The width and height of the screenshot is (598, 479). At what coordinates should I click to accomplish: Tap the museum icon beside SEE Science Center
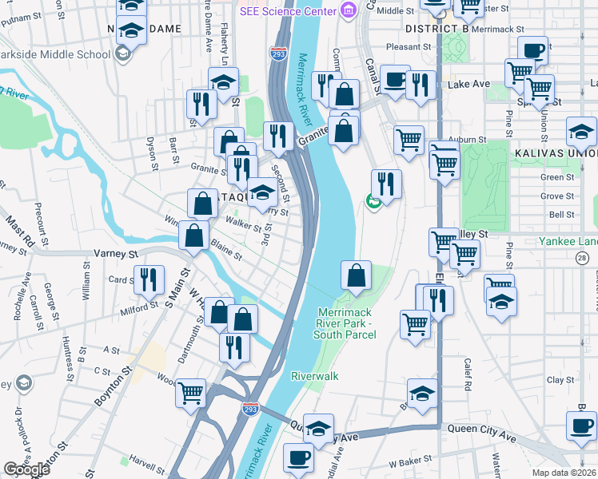pyautogui.click(x=347, y=10)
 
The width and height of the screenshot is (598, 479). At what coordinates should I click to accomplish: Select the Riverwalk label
pyautogui.click(x=315, y=375)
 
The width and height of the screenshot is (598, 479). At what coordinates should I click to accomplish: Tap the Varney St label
pyautogui.click(x=117, y=253)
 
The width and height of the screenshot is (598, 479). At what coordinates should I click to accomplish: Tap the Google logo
pyautogui.click(x=26, y=469)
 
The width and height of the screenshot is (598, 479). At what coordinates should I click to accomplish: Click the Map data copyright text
pyautogui.click(x=564, y=473)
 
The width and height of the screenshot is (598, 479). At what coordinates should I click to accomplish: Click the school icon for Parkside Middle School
pyautogui.click(x=122, y=54)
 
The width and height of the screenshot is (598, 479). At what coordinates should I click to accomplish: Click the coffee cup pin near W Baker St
pyautogui.click(x=299, y=458)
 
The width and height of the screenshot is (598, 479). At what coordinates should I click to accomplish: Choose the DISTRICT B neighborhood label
pyautogui.click(x=436, y=29)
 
